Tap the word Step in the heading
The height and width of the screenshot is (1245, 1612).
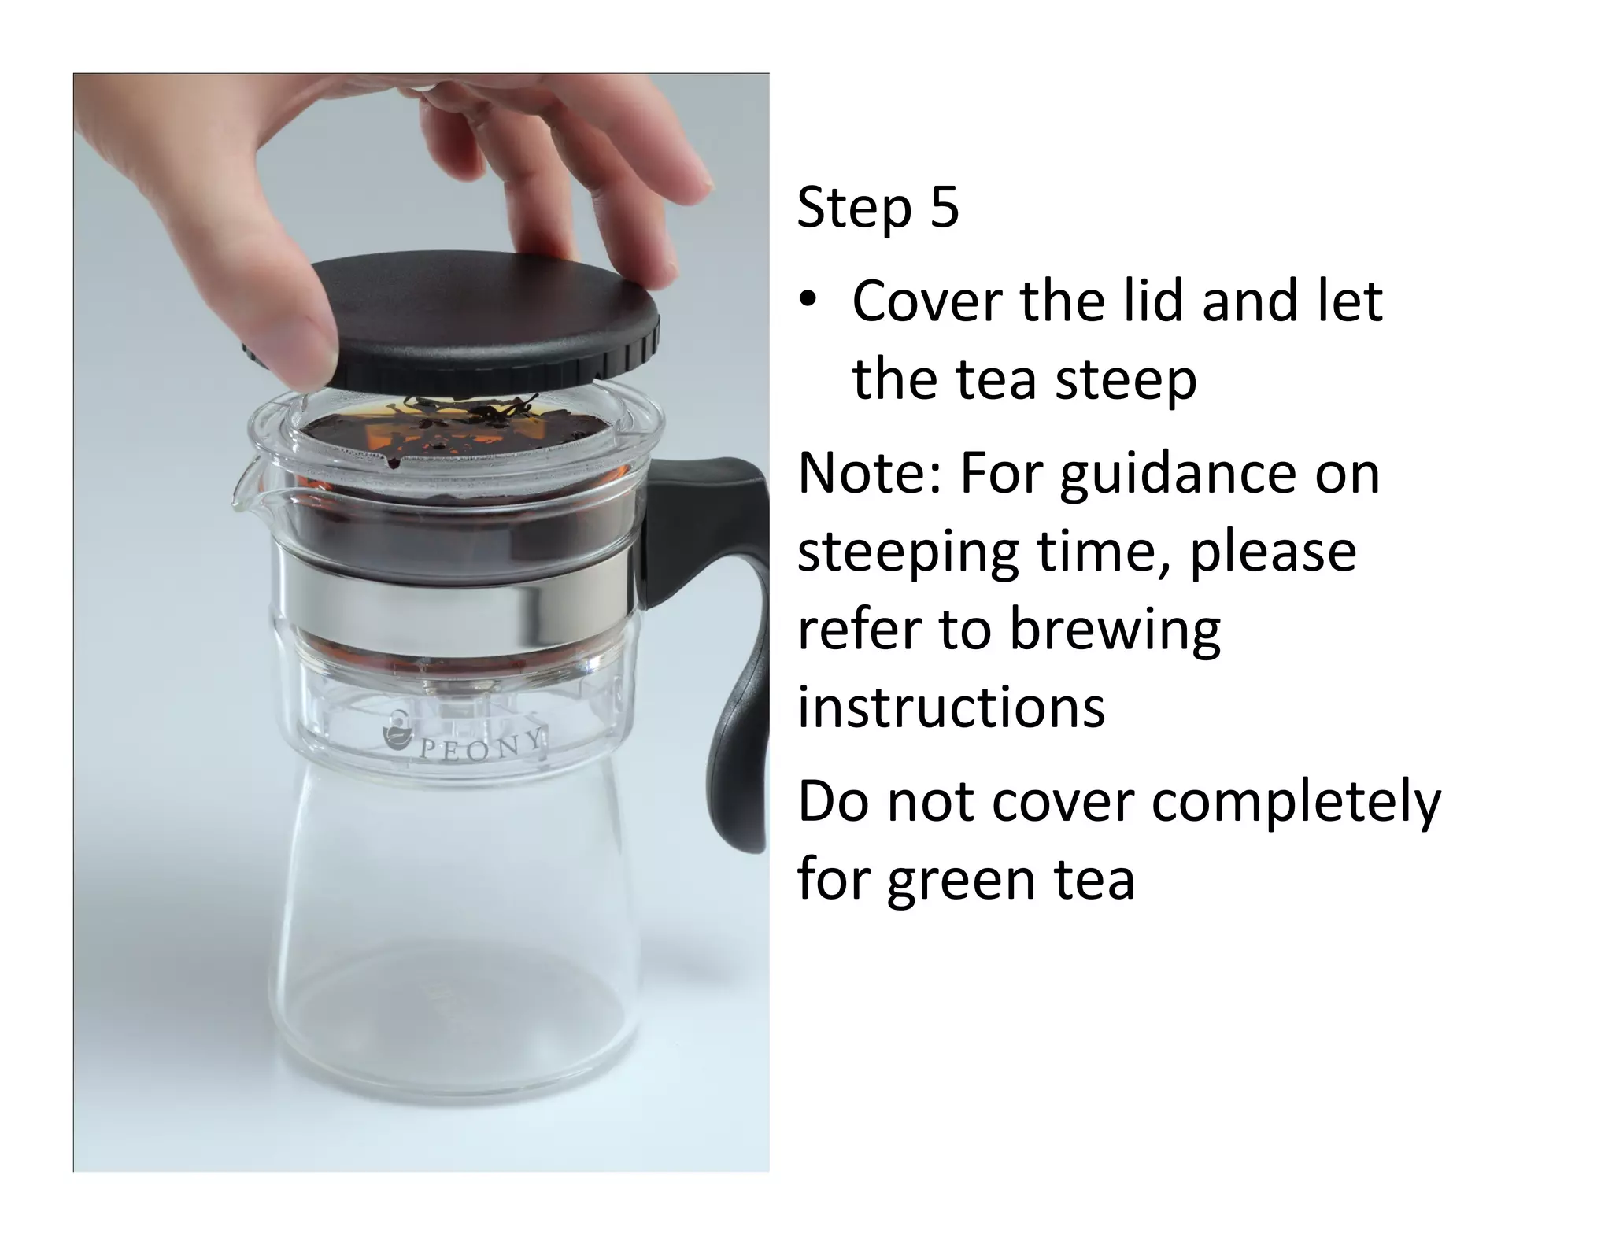pos(855,209)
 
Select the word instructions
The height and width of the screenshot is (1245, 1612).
pos(951,707)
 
